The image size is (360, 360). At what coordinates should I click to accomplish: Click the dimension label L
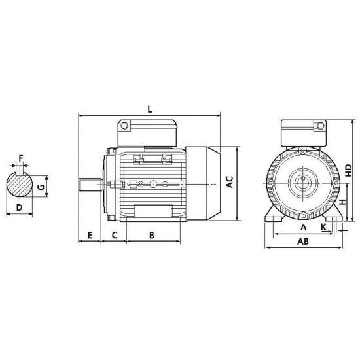pos(150,109)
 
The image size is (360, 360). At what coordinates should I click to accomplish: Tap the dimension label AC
pos(230,182)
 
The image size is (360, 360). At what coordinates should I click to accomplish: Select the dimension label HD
pos(349,170)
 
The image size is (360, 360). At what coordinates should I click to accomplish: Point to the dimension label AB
pos(303,242)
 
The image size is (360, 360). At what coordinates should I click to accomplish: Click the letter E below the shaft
pos(90,235)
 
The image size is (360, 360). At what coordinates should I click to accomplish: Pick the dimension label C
pos(115,235)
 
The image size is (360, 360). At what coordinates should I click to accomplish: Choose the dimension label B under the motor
pos(152,235)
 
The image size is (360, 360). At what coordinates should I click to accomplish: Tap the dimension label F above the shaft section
pos(21,158)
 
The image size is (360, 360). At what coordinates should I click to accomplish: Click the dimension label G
pos(41,187)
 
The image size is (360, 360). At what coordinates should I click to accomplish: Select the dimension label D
pos(20,207)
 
